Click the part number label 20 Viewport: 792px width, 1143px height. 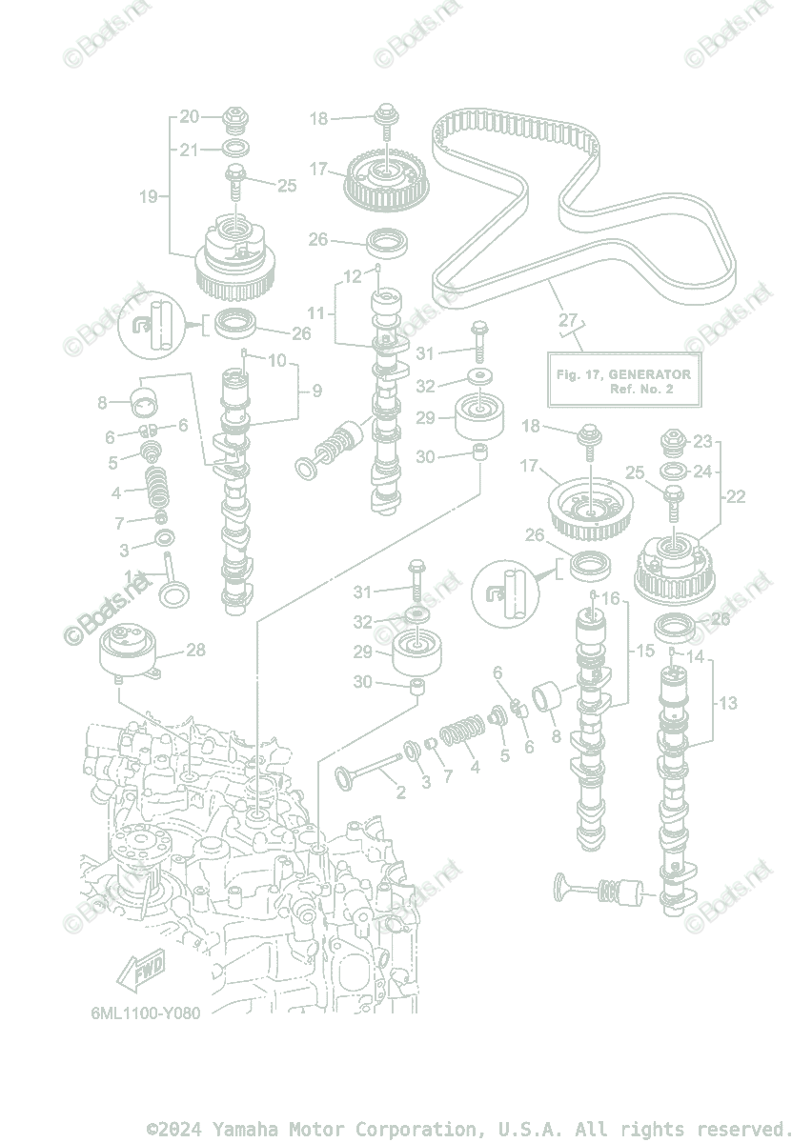pos(190,117)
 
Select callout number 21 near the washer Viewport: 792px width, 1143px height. pos(190,150)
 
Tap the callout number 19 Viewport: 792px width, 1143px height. pos(149,197)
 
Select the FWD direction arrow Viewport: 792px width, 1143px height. pos(139,971)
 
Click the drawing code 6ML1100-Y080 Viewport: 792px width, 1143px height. pos(140,1013)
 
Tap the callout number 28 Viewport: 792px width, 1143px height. pos(195,650)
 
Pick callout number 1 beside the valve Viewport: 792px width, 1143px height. pos(130,576)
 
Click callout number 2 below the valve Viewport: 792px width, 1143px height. pos(400,792)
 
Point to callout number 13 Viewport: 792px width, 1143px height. pos(728,704)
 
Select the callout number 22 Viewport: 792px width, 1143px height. pos(735,496)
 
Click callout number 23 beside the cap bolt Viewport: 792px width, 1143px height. pos(702,441)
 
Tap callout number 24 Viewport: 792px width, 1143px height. pos(702,471)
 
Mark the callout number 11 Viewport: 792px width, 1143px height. pos(316,312)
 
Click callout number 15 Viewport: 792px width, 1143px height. pos(644,651)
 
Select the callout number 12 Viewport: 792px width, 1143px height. pos(353,276)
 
